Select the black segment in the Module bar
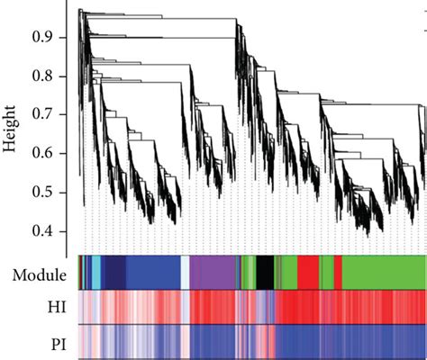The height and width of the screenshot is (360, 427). [265, 271]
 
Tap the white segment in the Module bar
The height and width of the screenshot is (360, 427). [186, 271]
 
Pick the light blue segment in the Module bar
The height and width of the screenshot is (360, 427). [95, 271]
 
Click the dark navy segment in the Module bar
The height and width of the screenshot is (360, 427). [114, 271]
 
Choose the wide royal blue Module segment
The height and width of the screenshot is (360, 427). [153, 271]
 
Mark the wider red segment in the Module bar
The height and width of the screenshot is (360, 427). [307, 271]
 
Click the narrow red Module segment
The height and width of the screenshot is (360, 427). [338, 271]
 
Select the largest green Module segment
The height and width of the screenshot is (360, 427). [384, 271]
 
